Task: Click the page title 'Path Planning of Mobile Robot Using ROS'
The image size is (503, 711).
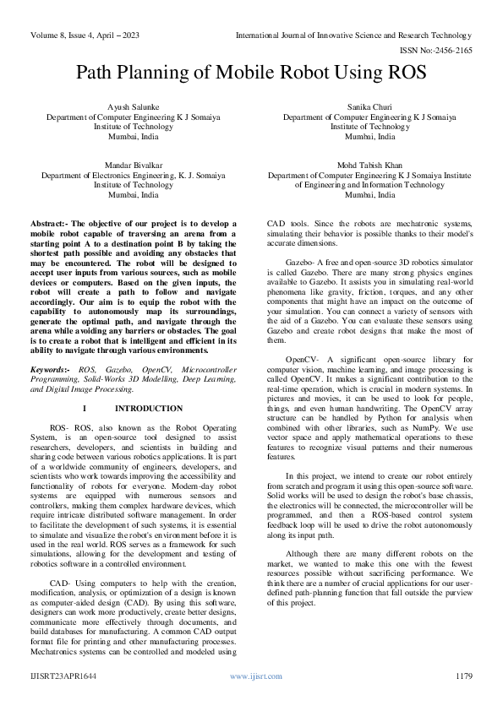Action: [251, 73]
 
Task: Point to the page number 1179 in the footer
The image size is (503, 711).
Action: [463, 676]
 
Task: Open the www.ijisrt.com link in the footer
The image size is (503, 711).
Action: [250, 676]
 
